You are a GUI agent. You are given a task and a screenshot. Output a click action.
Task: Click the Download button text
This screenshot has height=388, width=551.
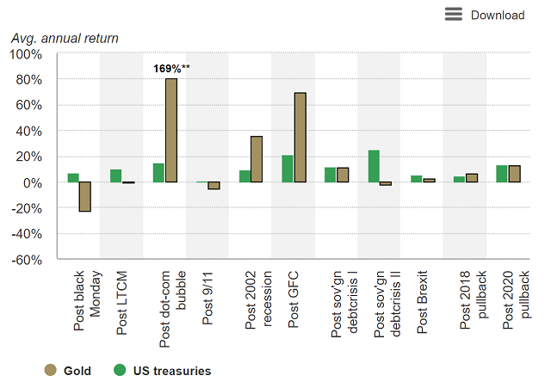[x=497, y=15]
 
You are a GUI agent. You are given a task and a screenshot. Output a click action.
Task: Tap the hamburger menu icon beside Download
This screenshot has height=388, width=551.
[x=454, y=14]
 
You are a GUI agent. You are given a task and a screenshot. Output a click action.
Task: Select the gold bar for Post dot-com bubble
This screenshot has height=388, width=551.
[x=171, y=130]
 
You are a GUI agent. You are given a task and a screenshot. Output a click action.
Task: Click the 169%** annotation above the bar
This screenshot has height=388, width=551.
[x=171, y=69]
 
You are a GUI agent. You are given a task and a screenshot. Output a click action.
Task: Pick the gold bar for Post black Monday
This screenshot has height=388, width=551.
[x=85, y=197]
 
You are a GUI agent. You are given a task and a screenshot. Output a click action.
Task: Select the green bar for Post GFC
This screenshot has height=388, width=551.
[x=288, y=169]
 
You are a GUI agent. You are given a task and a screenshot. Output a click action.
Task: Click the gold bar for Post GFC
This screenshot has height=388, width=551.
[x=300, y=138]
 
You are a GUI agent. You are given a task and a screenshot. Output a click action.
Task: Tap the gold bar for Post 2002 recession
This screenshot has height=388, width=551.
[x=257, y=159]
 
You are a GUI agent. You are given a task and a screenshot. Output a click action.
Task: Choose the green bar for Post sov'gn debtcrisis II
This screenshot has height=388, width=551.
[x=374, y=166]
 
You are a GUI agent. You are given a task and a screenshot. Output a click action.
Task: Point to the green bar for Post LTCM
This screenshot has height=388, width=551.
[x=116, y=176]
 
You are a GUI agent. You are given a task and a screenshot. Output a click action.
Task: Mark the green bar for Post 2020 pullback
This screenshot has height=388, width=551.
[x=502, y=174]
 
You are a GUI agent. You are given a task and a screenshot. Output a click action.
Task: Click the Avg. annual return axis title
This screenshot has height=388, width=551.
[x=65, y=38]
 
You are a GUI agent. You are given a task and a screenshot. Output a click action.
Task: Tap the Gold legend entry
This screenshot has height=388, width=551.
[x=68, y=371]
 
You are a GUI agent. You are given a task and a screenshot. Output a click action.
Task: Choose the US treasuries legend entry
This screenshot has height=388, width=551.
[x=163, y=371]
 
